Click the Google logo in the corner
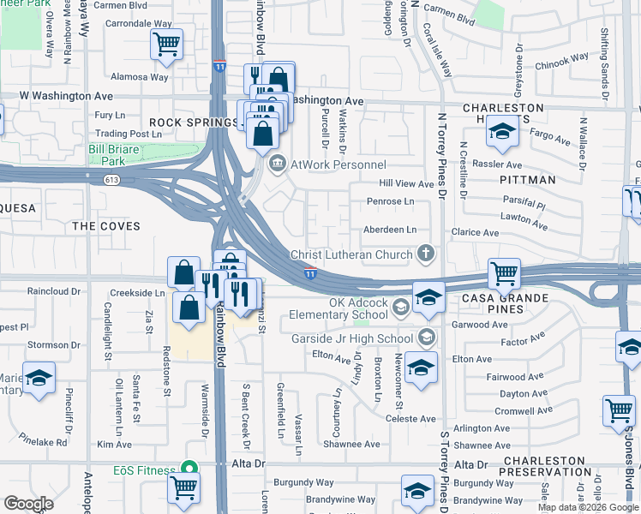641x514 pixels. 28,504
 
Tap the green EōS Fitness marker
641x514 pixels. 188,469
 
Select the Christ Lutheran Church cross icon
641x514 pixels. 425,254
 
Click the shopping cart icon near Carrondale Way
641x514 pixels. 166,44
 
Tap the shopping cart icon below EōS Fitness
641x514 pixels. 183,488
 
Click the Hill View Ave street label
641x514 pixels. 407,184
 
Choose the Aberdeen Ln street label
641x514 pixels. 389,230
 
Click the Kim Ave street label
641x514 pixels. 114,445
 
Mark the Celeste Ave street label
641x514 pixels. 411,419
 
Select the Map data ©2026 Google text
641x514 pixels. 588,507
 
